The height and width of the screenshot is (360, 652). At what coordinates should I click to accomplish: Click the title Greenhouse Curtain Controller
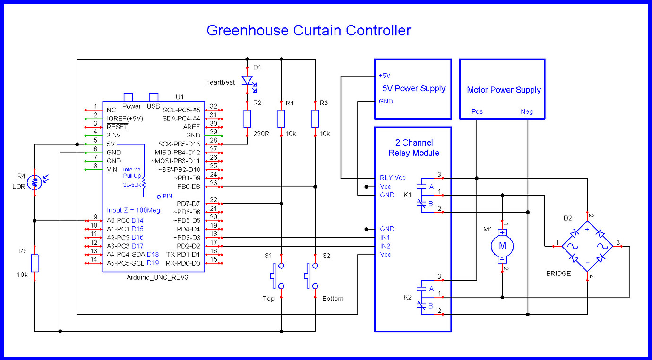[x=309, y=31]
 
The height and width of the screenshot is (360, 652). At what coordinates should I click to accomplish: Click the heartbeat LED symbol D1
[x=247, y=81]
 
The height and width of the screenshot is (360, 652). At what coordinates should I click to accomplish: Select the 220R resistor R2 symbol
[x=247, y=118]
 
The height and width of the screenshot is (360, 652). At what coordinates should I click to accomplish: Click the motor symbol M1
[x=502, y=246]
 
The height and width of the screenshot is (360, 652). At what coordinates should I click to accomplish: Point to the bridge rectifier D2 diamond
[x=587, y=246]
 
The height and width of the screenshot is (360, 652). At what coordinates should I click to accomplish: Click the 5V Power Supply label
[x=414, y=88]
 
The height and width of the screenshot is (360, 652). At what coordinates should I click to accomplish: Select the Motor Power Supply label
[x=504, y=90]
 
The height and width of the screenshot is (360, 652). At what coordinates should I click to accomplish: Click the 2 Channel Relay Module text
[x=414, y=148]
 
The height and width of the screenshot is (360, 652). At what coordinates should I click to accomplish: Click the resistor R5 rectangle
[x=34, y=263]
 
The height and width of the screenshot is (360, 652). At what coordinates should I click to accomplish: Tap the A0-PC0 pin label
[x=118, y=220]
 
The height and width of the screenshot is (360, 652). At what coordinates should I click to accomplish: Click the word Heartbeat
[x=220, y=82]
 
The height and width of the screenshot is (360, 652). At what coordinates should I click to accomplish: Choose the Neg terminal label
[x=527, y=111]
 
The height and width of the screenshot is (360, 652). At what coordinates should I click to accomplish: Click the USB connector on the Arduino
[x=154, y=97]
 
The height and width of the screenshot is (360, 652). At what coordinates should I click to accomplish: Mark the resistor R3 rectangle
[x=315, y=118]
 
